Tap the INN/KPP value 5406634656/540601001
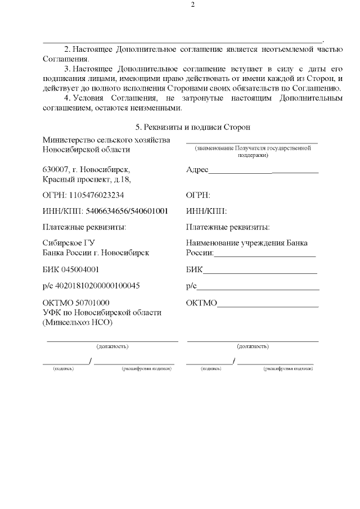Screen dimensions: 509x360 [127, 211]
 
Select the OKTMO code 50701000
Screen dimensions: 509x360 [89, 303]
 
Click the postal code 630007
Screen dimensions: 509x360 [55, 169]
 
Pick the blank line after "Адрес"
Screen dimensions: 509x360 [263, 170]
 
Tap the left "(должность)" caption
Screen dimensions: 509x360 [112, 346]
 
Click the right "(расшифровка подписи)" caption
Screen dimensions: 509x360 [288, 368]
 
